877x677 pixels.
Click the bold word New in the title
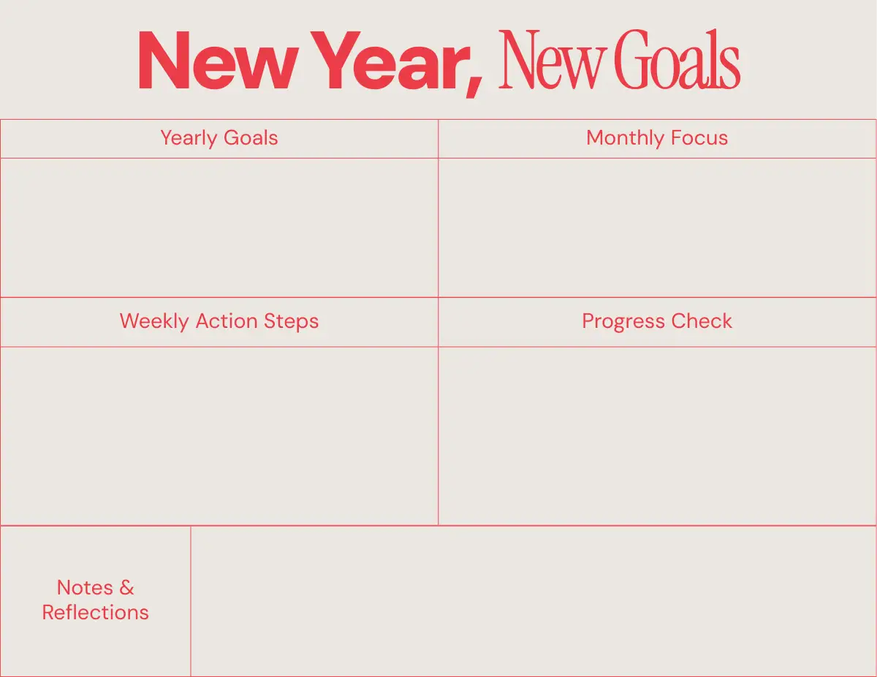tap(218, 60)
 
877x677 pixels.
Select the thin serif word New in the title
tap(553, 59)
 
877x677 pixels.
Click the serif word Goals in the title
tap(679, 59)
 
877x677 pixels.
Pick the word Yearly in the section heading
tap(189, 138)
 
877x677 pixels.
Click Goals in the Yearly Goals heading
tap(251, 137)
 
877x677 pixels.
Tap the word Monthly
tap(626, 138)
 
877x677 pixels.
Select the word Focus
tap(699, 137)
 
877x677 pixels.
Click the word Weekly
tap(154, 322)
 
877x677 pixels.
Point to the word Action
tap(227, 321)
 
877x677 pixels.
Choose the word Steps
tap(291, 322)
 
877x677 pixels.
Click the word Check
tap(702, 321)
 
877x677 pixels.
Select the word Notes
tap(85, 587)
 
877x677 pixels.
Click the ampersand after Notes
tap(126, 587)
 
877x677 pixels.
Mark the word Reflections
tap(96, 613)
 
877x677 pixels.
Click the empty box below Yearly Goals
tap(219, 228)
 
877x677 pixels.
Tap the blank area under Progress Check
tap(657, 436)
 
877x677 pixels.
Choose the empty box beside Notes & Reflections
tap(534, 601)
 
